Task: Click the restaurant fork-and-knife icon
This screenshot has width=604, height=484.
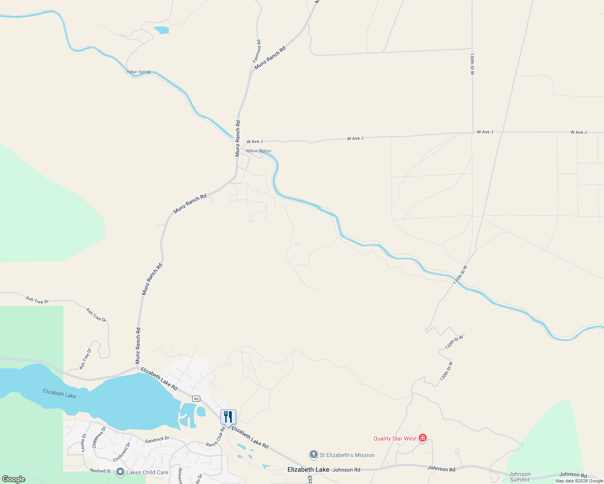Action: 228,417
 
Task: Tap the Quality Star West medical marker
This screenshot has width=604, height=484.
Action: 423,438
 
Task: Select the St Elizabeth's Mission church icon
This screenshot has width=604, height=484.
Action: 313,455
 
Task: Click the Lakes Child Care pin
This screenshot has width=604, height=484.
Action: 120,472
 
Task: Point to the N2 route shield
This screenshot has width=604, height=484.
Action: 196,399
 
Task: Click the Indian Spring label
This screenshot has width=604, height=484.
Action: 138,72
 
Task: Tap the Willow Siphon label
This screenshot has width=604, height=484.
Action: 258,151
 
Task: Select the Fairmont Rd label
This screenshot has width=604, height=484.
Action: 257,51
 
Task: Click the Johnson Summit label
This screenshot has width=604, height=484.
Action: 520,477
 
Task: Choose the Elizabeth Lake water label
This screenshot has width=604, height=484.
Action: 59,393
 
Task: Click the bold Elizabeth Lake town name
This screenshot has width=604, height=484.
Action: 308,469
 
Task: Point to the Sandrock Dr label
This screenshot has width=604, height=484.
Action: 157,440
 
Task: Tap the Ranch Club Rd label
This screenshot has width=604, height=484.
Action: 215,437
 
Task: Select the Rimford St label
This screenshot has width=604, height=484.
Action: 100,471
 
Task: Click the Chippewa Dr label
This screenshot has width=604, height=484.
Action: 99,437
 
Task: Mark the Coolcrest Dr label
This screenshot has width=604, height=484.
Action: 122,452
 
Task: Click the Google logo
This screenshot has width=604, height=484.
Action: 14,479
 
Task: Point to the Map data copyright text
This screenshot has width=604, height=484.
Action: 579,481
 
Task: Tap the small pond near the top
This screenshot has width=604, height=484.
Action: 161,30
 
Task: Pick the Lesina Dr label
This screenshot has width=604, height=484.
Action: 83,442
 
